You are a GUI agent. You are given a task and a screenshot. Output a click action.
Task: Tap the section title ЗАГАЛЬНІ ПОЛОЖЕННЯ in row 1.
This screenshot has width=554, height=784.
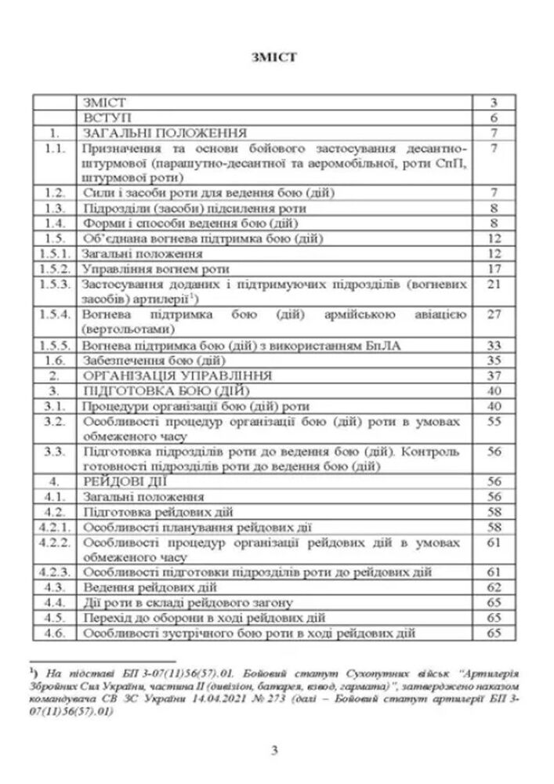[x=165, y=131]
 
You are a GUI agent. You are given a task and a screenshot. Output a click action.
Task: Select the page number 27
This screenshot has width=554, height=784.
[x=494, y=314]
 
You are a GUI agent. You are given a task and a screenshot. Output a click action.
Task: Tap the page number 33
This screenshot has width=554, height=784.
[x=494, y=345]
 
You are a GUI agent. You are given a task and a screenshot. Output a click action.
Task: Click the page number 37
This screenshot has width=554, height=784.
[x=494, y=375]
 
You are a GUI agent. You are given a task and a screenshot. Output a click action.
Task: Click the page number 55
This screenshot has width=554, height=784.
[x=494, y=422]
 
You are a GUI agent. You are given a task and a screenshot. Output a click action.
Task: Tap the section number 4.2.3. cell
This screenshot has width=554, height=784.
[x=54, y=572]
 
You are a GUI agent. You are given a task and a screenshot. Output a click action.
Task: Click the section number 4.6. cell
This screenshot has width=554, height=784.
[x=54, y=633]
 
